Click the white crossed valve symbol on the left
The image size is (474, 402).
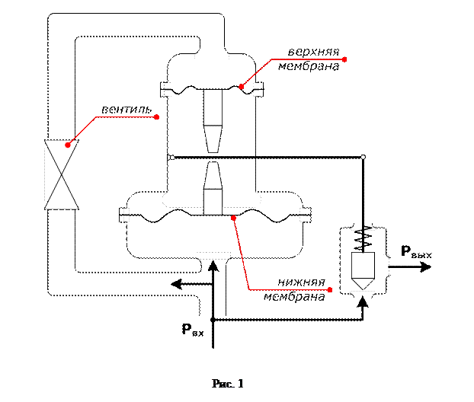[x=61, y=174]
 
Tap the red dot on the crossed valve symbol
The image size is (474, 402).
[x=68, y=144]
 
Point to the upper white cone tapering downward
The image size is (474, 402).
[x=212, y=136]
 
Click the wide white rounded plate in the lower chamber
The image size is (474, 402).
[x=212, y=199]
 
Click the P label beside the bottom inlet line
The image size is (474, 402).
[x=191, y=330]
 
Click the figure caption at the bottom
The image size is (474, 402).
[x=226, y=381]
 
